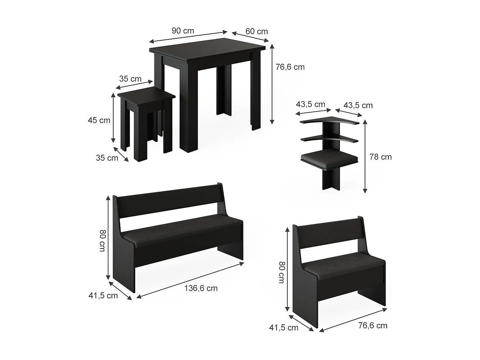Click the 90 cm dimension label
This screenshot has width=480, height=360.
point(183,31)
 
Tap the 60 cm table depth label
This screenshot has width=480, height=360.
point(257,31)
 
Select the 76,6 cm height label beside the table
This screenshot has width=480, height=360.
point(290,67)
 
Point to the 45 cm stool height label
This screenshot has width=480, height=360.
point(99,120)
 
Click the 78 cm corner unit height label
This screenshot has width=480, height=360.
point(381,157)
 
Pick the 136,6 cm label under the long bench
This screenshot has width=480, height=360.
point(201,288)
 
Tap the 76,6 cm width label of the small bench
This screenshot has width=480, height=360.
point(373,326)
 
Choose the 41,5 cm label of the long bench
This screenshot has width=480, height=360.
point(103,296)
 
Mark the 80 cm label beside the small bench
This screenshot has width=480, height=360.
point(281,272)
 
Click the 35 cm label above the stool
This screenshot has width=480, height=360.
point(130,79)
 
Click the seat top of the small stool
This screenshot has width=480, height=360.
point(146,95)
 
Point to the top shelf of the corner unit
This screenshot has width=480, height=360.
point(329,121)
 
